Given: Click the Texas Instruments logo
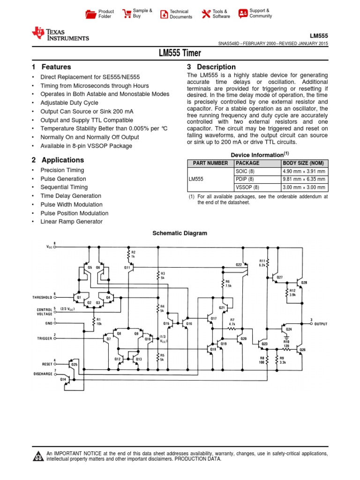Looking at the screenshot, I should tap(60, 34).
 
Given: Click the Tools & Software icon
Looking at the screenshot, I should tap(206, 14).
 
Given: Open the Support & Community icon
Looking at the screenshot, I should tap(243, 13).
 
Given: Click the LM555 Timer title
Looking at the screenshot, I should tap(180, 53).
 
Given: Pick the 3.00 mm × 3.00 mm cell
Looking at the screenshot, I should tap(304, 187).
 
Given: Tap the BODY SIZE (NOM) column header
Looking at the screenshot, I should tap(303, 163).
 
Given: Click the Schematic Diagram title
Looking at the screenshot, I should tap(180, 233).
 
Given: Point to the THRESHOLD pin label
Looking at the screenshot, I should tap(42, 297).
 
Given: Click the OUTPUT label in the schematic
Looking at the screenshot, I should tap(321, 324).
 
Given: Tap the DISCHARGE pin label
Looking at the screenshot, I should tap(43, 374).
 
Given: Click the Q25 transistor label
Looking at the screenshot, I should tap(74, 364).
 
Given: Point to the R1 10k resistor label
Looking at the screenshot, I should tap(99, 321).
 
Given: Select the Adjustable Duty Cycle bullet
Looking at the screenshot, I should tap(69, 103).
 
